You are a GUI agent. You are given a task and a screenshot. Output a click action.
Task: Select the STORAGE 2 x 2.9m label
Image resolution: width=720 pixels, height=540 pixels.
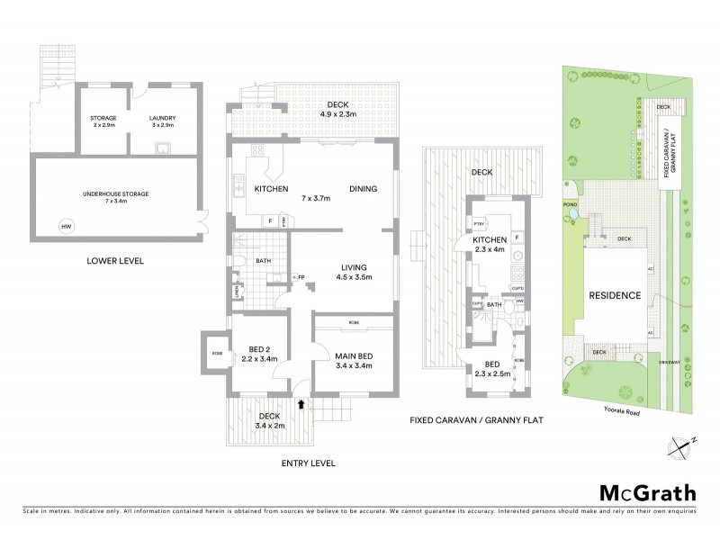point(103,121)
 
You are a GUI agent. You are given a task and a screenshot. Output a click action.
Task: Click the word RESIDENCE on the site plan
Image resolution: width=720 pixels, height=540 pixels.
point(615,295)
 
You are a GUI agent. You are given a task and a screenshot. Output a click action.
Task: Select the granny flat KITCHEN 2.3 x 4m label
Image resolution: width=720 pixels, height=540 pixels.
point(487,244)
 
